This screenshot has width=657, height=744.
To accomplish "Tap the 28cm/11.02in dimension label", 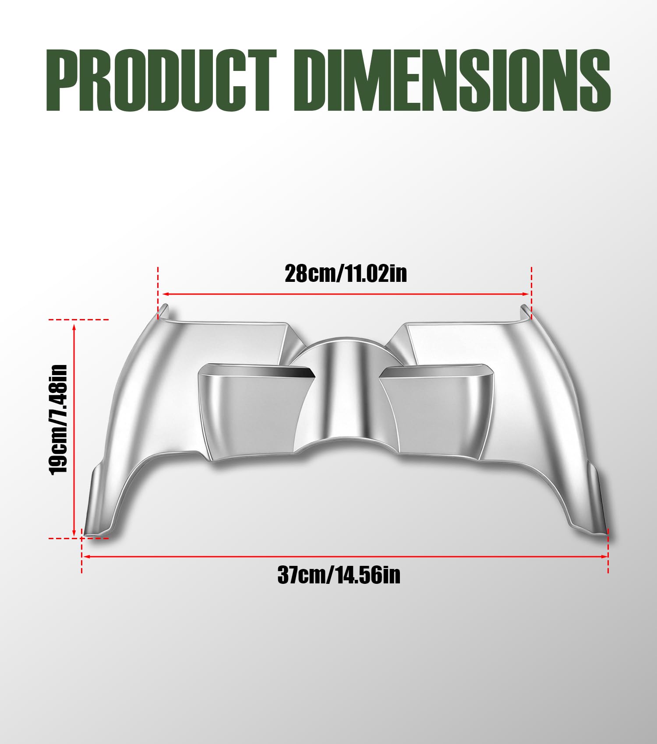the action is click(x=346, y=274).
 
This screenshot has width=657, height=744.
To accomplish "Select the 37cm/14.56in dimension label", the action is click(x=339, y=575).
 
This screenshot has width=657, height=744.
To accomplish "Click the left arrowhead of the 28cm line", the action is click(x=165, y=294).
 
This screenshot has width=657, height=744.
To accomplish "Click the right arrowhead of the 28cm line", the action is click(x=525, y=294).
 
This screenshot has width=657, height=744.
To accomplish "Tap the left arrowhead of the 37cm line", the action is click(x=86, y=556).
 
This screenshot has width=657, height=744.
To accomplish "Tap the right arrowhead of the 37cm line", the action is click(x=604, y=556).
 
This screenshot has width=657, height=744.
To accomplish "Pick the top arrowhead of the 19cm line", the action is click(x=74, y=326).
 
